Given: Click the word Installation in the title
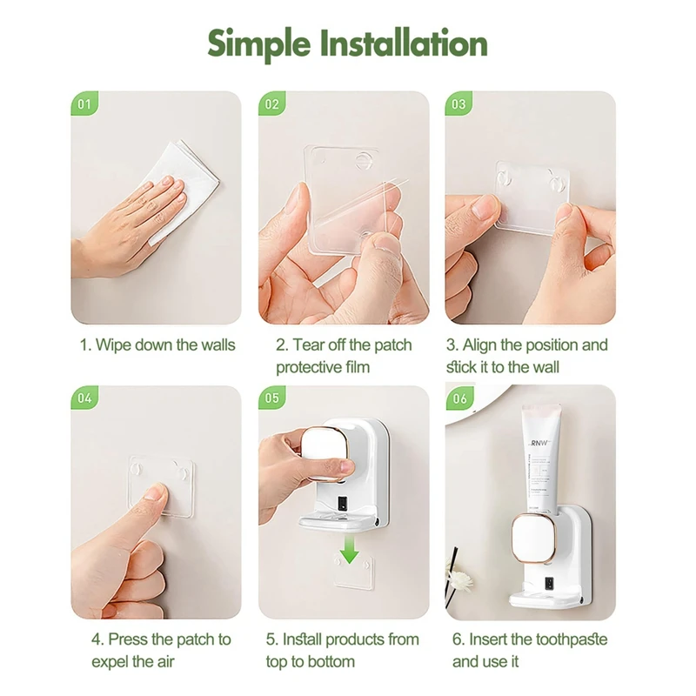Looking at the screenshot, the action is tap(404, 43).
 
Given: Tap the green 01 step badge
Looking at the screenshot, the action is tap(84, 104).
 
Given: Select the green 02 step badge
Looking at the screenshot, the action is tap(271, 104).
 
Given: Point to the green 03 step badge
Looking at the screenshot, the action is tap(458, 104).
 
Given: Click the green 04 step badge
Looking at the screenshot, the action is tap(84, 398).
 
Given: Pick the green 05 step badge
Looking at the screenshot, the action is tap(271, 398).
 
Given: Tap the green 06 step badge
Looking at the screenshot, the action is tap(459, 398).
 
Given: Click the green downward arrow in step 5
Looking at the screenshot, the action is tap(350, 549).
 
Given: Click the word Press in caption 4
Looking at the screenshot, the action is tap(127, 639).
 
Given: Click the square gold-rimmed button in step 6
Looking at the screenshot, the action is tap(533, 539).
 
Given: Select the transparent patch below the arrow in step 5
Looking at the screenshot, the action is tap(354, 572).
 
